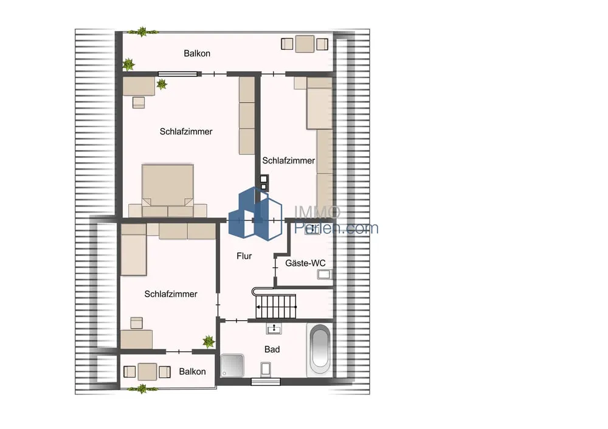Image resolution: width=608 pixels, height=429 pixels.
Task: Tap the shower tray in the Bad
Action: pyautogui.click(x=232, y=365)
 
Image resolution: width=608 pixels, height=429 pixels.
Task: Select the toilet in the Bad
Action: pyautogui.click(x=266, y=369)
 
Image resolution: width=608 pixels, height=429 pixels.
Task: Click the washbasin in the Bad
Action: pyautogui.click(x=274, y=329)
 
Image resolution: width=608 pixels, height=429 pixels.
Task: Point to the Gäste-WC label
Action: pyautogui.click(x=305, y=263)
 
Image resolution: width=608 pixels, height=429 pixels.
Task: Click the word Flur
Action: pyautogui.click(x=244, y=256)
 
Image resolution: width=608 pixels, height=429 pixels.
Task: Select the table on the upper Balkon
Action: pyautogui.click(x=305, y=44)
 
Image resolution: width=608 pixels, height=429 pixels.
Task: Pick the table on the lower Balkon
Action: pyautogui.click(x=147, y=372)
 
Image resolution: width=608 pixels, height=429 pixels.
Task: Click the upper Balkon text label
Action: pyautogui.click(x=197, y=53)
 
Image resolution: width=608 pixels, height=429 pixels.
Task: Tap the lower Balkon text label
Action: pyautogui.click(x=192, y=372)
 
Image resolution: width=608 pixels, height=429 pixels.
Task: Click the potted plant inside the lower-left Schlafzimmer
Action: pyautogui.click(x=209, y=341)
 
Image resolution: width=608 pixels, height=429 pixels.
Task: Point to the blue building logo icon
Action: pyautogui.click(x=255, y=214)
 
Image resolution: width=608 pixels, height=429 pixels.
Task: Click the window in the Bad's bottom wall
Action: pyautogui.click(x=266, y=382)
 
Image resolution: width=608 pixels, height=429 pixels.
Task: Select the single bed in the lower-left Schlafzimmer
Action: pyautogui.click(x=134, y=250)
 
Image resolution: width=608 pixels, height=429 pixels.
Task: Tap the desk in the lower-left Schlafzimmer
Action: pyautogui.click(x=136, y=339)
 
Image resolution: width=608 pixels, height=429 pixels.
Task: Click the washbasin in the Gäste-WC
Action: pyautogui.click(x=324, y=275)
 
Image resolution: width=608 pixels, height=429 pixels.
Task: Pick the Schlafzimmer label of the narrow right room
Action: pyautogui.click(x=288, y=160)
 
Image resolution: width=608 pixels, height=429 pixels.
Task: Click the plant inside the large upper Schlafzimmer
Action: pyautogui.click(x=162, y=84)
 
